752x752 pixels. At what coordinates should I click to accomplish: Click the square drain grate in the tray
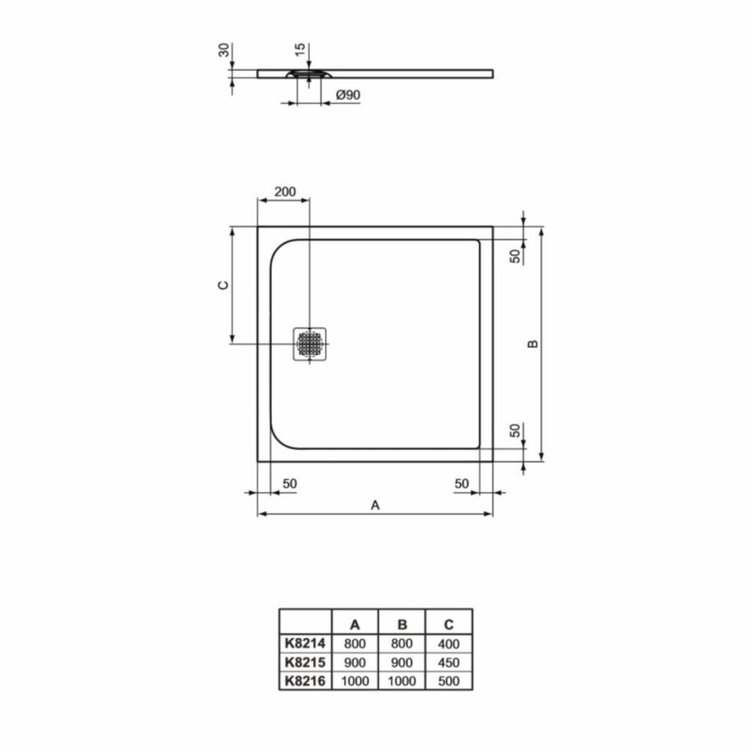point(310,344)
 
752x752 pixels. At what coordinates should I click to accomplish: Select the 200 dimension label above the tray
point(285,191)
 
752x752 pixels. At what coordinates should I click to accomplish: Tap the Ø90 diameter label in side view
point(348,96)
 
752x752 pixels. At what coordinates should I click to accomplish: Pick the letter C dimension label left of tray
point(222,285)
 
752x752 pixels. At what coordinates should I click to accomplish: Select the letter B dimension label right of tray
point(531,343)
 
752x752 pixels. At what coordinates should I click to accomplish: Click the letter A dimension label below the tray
point(375,505)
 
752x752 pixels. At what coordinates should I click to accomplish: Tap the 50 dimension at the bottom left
point(290,484)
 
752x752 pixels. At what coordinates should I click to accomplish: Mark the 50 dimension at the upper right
point(516,256)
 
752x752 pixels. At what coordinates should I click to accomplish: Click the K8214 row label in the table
point(305,644)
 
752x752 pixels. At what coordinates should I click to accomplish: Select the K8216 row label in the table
point(305,680)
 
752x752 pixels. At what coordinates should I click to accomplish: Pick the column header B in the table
point(402,623)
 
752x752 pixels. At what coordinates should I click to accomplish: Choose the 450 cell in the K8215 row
point(449,662)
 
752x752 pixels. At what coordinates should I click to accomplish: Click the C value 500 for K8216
point(449,680)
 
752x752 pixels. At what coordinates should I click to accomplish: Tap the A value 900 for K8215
point(355,662)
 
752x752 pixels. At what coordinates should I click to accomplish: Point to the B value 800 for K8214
point(402,644)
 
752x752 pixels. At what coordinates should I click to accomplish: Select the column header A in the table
point(355,623)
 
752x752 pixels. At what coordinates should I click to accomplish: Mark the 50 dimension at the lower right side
point(516,430)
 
